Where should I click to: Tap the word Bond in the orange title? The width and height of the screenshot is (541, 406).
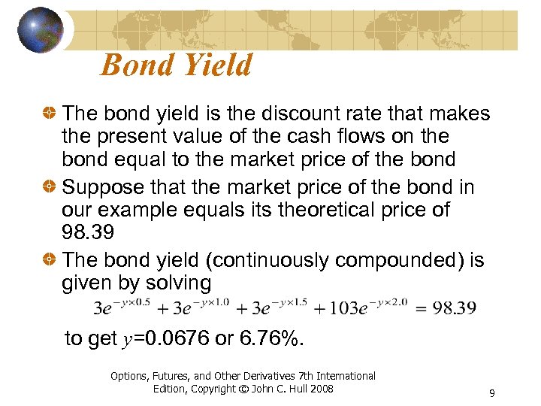tap(134, 65)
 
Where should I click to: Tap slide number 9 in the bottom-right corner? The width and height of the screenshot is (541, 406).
tap(491, 392)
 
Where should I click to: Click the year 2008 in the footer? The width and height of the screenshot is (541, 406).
tap(322, 389)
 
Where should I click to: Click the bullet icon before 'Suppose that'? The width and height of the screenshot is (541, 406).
tap(50, 187)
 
